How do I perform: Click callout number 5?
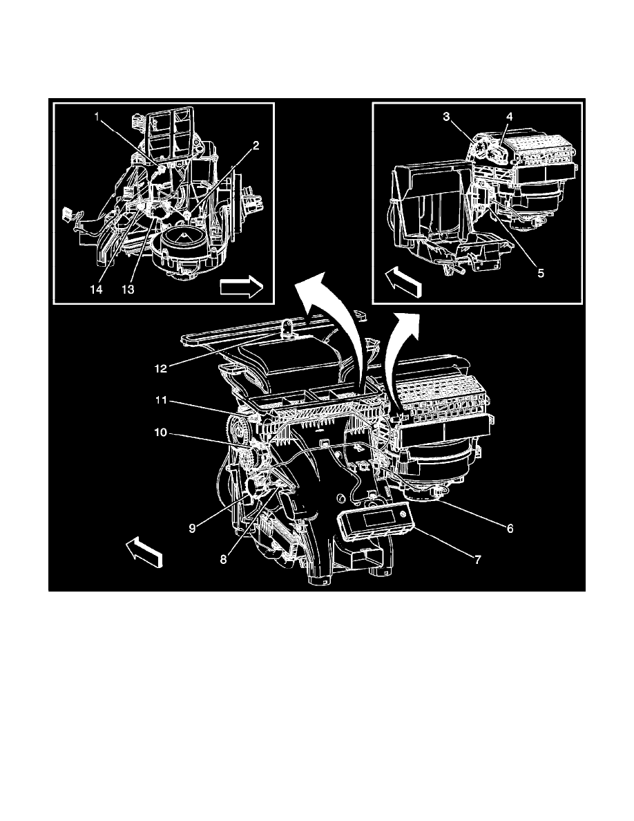[541, 272]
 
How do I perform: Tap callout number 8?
[223, 560]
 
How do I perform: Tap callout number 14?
[96, 290]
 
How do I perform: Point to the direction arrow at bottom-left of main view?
[145, 554]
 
